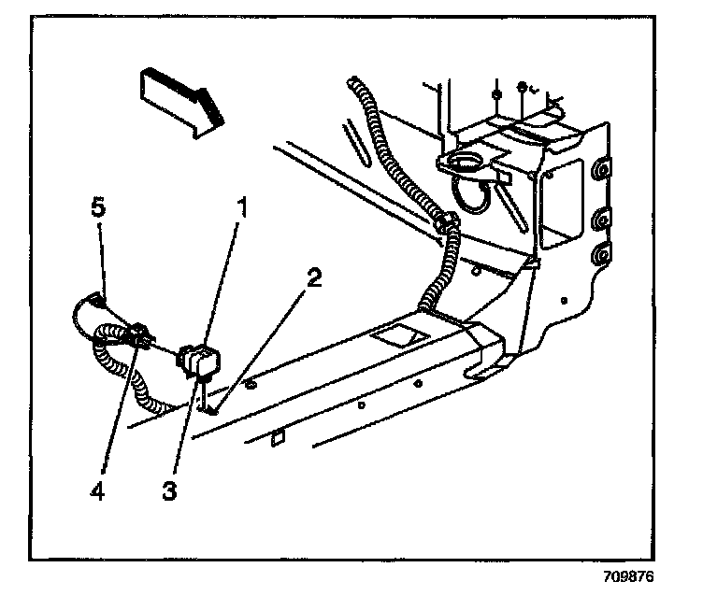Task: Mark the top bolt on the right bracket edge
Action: click(x=599, y=168)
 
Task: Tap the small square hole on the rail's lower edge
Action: click(x=278, y=435)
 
